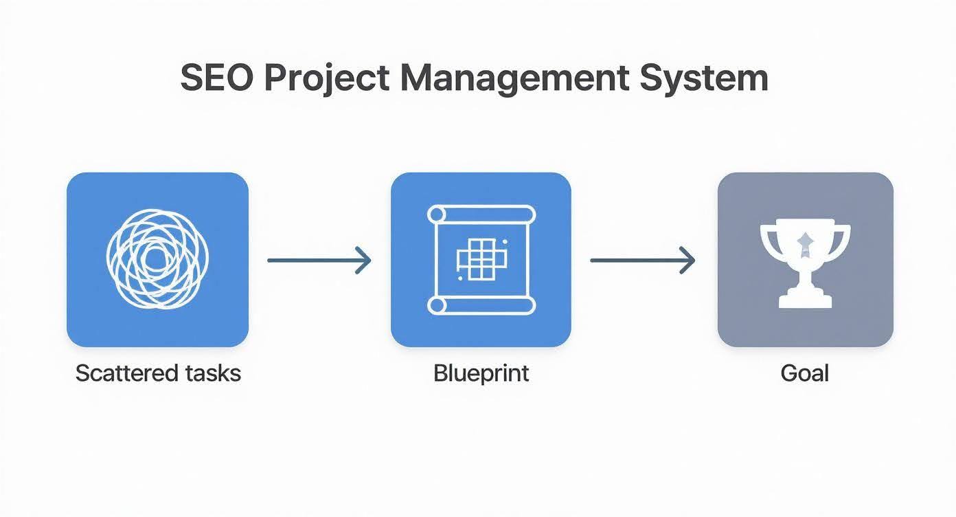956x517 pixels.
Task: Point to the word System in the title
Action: click(703, 79)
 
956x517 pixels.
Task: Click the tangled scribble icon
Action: click(157, 259)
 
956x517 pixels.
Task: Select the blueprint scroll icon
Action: click(481, 259)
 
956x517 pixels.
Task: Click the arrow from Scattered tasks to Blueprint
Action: click(319, 260)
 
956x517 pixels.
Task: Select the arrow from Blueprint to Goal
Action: click(643, 260)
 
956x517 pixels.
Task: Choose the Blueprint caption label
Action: click(481, 373)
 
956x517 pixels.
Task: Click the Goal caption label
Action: click(805, 373)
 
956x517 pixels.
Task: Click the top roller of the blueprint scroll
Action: click(481, 214)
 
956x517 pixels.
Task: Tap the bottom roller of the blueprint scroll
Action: click(481, 305)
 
